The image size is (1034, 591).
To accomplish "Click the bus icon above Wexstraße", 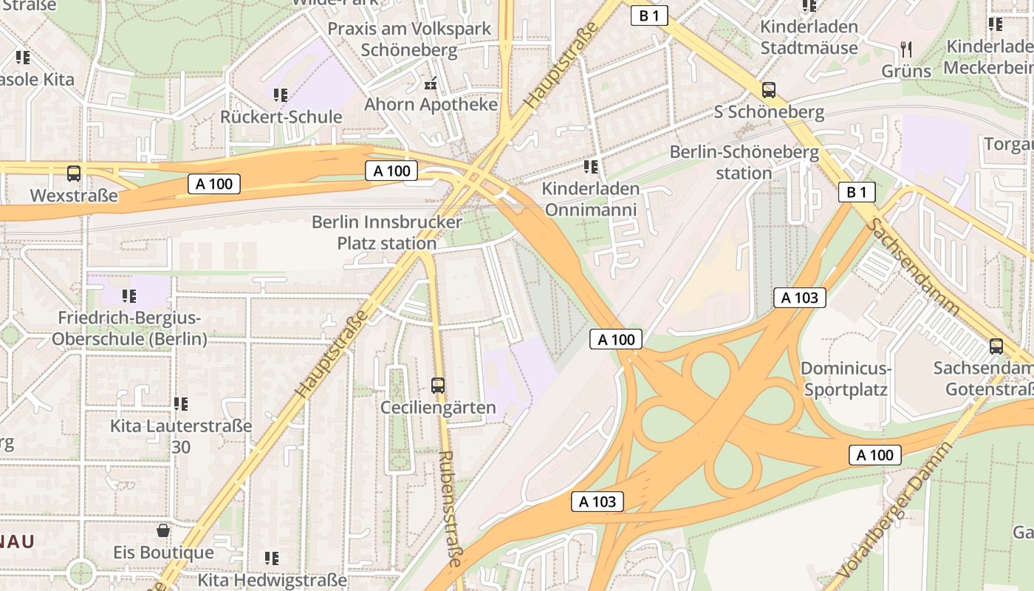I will [74, 174].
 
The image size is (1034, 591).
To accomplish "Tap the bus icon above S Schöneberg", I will [769, 90].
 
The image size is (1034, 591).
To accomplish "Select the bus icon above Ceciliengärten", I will [438, 385].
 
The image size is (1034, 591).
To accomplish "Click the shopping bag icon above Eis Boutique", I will [163, 530].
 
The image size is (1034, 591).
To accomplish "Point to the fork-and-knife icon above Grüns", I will [906, 49].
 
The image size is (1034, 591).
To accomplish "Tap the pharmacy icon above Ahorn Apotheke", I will [431, 83].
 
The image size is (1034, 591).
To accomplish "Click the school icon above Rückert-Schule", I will [281, 95].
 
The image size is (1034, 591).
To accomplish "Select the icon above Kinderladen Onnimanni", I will [590, 167].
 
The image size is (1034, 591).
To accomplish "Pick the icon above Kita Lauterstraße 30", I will [181, 404].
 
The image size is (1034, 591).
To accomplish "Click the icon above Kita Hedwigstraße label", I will [272, 558].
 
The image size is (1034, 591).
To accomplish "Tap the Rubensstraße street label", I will [450, 509].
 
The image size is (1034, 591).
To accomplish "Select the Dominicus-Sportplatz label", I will [845, 378].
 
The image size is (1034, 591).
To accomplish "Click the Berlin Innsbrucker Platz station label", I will [386, 232].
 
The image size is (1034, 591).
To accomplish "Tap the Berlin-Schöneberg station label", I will [744, 163].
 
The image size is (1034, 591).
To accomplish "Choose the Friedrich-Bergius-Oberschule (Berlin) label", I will [129, 329].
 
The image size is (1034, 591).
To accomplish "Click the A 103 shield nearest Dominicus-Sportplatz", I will [799, 298].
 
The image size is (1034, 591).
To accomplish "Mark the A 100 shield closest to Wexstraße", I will [214, 184].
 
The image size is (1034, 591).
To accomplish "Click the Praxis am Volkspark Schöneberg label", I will [409, 39].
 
